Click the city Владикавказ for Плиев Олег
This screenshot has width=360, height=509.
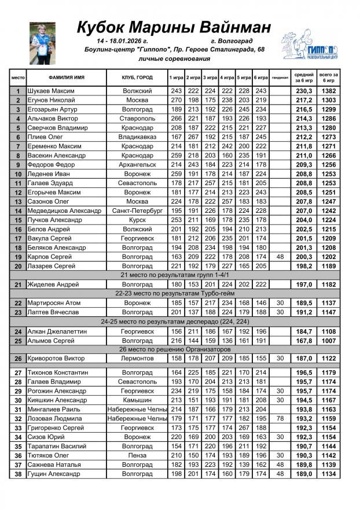tap(137, 137)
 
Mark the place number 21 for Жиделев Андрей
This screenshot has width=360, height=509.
tap(19, 285)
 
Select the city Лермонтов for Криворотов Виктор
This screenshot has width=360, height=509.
tap(137, 359)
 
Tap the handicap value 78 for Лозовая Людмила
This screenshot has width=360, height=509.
tap(280, 418)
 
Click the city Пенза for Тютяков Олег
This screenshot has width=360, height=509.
tap(137, 455)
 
